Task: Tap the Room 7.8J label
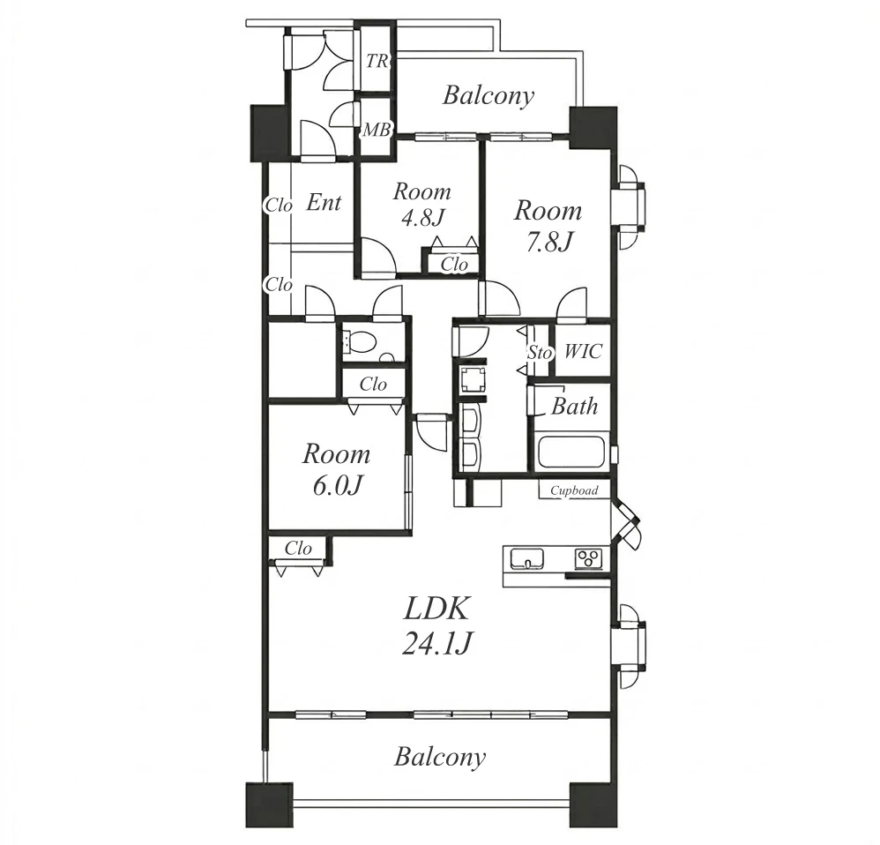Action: point(548,227)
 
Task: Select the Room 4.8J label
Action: point(421,204)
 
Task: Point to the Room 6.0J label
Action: point(336,470)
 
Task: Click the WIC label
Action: point(583,351)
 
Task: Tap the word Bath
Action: point(574,406)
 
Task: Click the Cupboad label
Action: point(574,490)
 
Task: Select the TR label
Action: point(377,61)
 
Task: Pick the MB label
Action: point(377,131)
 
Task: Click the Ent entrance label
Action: point(324,202)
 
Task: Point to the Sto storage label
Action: point(540,353)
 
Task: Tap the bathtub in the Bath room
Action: point(571,452)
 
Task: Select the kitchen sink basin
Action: point(526,559)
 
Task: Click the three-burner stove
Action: point(589,558)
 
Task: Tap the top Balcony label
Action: point(488,95)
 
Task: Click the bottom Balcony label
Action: point(439,757)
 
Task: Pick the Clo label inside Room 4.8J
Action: point(454,264)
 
